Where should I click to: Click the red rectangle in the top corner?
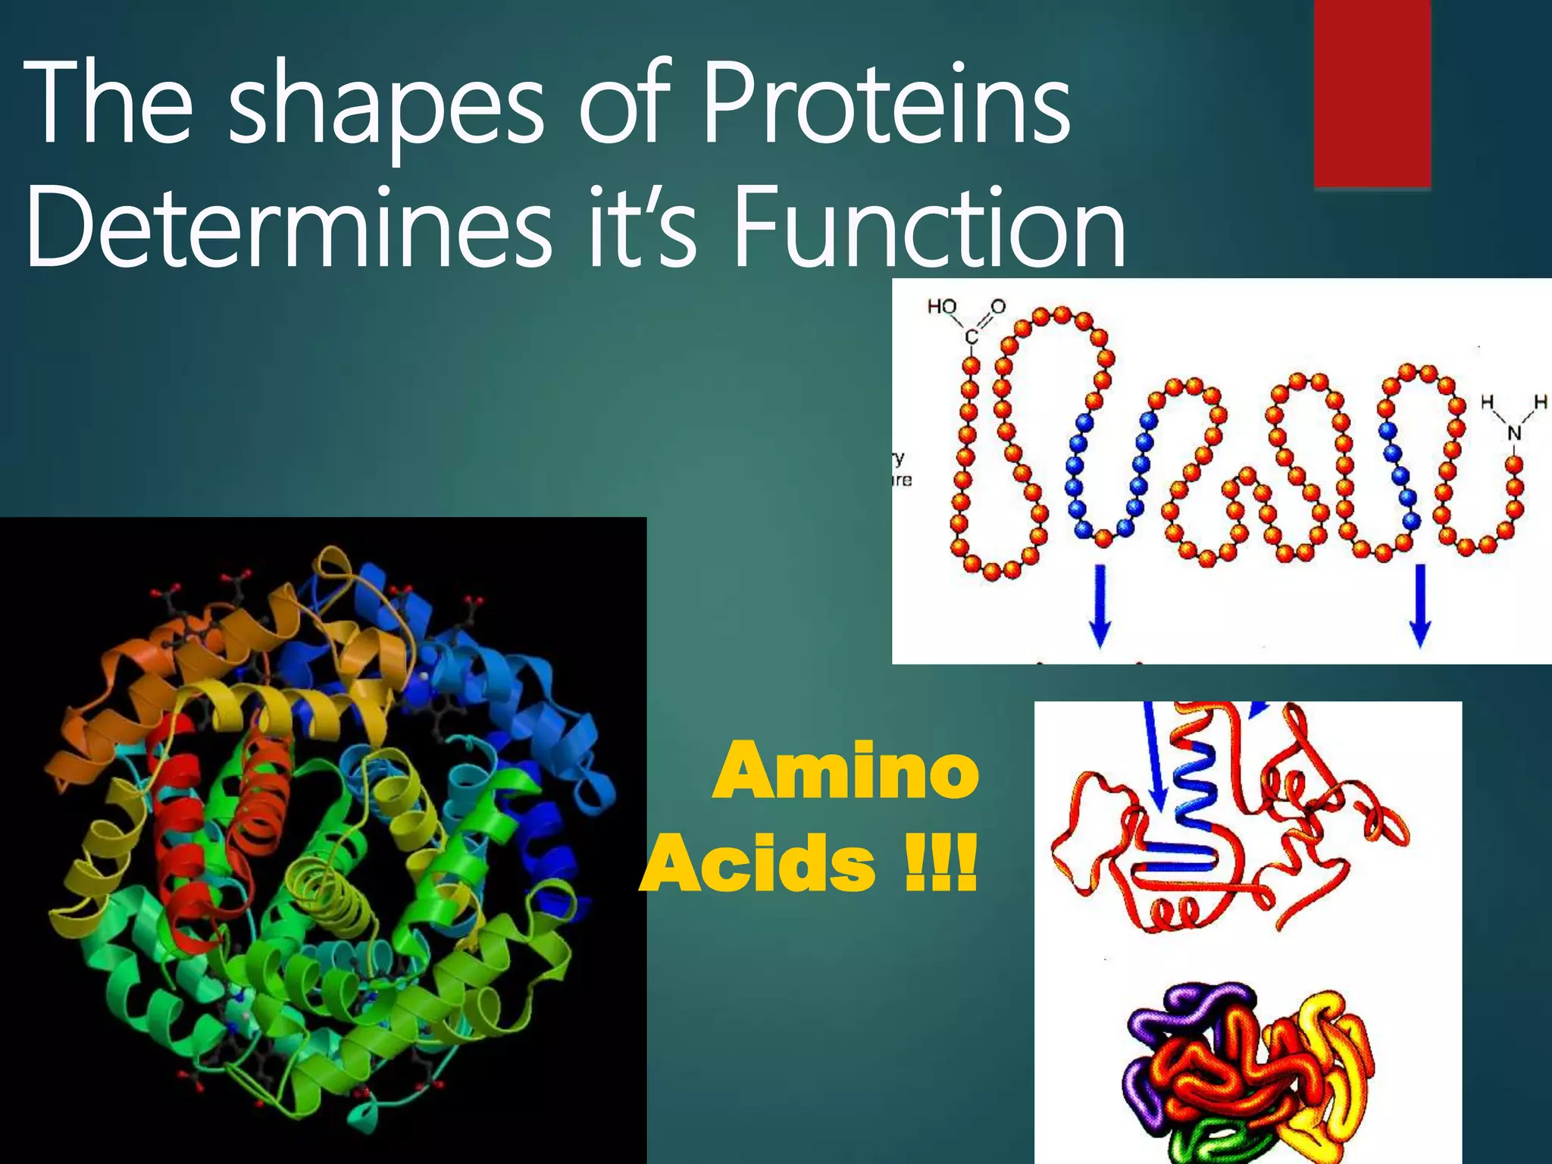(1372, 91)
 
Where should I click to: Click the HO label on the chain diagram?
(942, 306)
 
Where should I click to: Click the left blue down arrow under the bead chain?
(1100, 605)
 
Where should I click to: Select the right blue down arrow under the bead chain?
(1420, 605)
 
